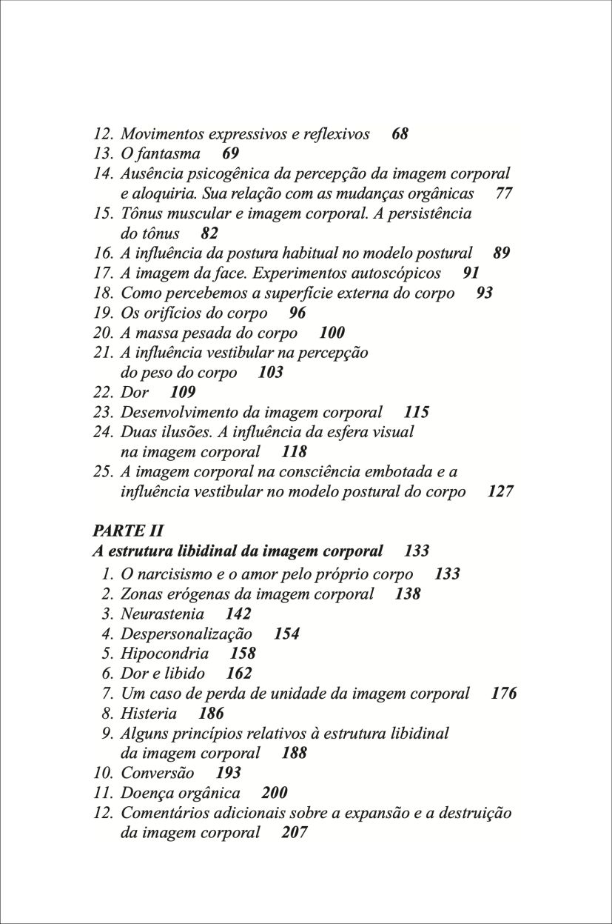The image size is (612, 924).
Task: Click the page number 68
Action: click(x=400, y=134)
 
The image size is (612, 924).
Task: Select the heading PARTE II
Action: click(x=128, y=531)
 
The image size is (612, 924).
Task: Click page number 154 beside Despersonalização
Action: click(x=286, y=634)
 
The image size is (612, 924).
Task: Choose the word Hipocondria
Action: click(x=164, y=654)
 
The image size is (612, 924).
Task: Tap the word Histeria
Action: click(x=149, y=714)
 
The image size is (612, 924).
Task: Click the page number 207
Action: click(x=295, y=833)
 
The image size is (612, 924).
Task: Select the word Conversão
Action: click(x=158, y=773)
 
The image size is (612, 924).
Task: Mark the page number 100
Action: click(x=332, y=333)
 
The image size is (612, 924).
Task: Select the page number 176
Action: click(x=504, y=694)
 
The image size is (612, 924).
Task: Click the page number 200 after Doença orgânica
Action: click(x=275, y=793)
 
